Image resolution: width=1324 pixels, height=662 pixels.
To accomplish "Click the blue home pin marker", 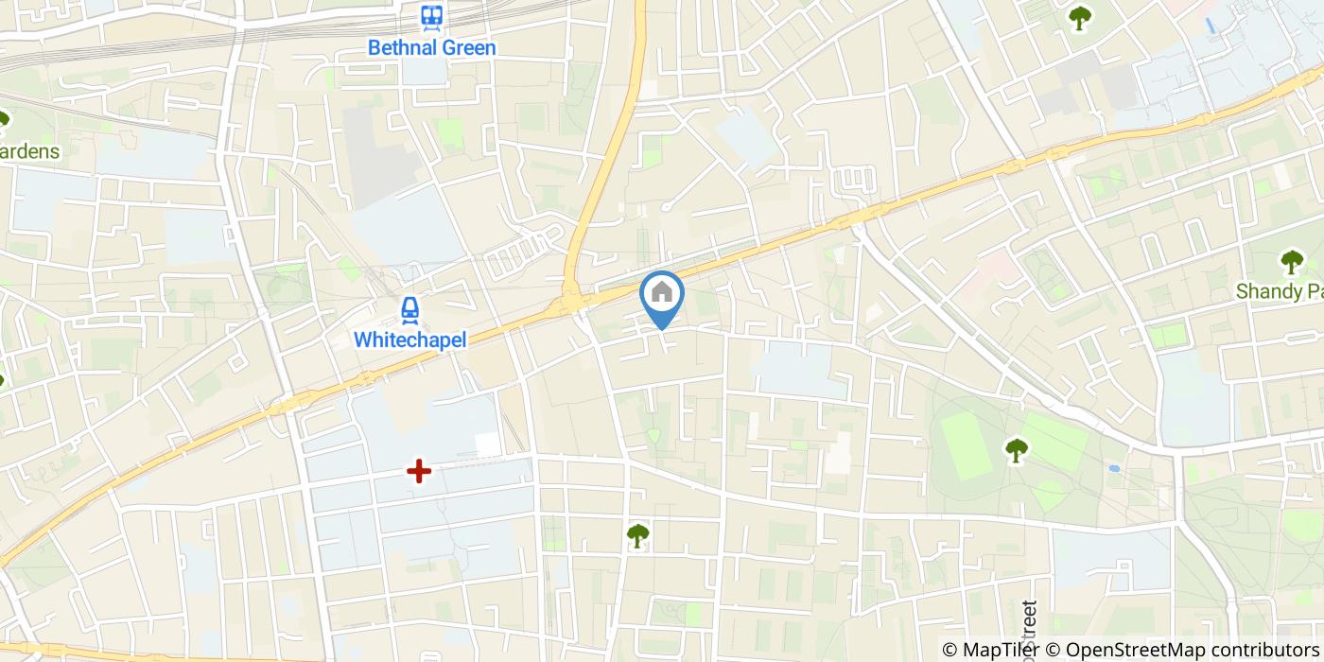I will point(662,296).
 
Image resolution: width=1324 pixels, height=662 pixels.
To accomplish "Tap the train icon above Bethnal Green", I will point(432,16).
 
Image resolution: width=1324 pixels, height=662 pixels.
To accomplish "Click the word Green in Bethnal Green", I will point(468,47).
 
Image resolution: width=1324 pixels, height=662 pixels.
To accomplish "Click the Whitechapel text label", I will point(410,339).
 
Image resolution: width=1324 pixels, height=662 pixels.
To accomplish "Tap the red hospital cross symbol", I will point(418,470).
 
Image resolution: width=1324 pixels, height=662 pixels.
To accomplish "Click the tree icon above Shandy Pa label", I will point(1291,262).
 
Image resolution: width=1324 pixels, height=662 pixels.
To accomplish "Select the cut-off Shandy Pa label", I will point(1280,291).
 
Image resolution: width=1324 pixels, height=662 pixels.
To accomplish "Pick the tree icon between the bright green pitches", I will point(1017,450).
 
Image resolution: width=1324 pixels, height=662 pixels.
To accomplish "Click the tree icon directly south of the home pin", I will point(637,535).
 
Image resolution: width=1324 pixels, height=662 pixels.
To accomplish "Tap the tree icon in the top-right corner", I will point(1078,17).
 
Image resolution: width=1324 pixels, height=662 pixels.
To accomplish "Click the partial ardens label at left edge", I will point(29,151).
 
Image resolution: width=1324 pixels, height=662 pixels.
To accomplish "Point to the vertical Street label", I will point(1030,629).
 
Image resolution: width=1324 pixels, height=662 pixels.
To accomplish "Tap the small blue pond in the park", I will point(1114,467).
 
